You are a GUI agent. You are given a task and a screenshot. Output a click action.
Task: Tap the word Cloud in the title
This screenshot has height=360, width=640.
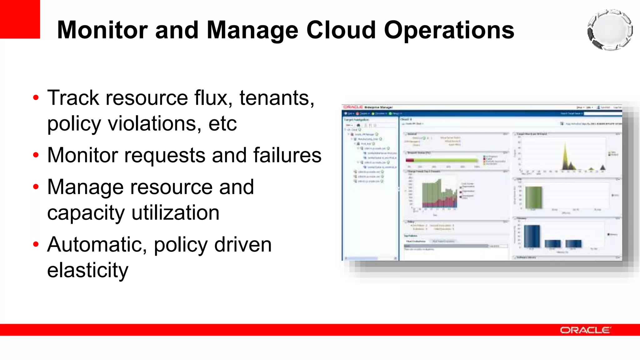pyautogui.click(x=341, y=30)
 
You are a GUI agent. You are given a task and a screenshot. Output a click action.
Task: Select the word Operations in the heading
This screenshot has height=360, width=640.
pyautogui.click(x=449, y=31)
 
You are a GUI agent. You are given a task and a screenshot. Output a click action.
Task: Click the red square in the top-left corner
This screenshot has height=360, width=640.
pyautogui.click(x=20, y=19)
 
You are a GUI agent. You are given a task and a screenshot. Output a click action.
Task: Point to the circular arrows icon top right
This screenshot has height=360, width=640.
pyautogui.click(x=610, y=30)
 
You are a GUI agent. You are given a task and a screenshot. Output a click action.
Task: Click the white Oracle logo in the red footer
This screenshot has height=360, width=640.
pyautogui.click(x=585, y=330)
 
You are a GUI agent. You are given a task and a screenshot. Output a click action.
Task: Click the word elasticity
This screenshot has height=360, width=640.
pyautogui.click(x=88, y=270)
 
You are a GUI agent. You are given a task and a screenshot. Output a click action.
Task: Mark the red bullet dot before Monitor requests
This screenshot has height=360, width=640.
pyautogui.click(x=36, y=155)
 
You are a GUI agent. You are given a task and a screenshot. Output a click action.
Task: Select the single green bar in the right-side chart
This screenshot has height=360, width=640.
pyautogui.click(x=533, y=197)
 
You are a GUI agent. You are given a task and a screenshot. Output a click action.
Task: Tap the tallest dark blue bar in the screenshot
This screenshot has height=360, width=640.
pyautogui.click(x=532, y=236)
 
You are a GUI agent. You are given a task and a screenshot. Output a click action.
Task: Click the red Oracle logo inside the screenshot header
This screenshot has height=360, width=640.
pyautogui.click(x=353, y=107)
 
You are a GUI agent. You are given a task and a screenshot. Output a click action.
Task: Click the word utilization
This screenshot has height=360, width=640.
pyautogui.click(x=175, y=213)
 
